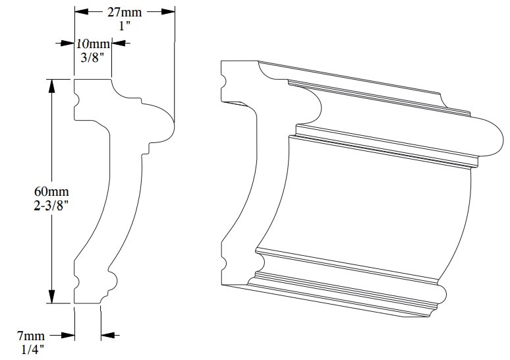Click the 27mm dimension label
125,11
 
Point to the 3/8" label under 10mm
92,57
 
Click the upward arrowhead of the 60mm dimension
51,84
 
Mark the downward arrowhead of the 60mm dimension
51,299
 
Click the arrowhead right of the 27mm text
170,11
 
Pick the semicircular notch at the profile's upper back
76,100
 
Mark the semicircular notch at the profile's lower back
76,282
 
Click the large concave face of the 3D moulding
376,204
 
